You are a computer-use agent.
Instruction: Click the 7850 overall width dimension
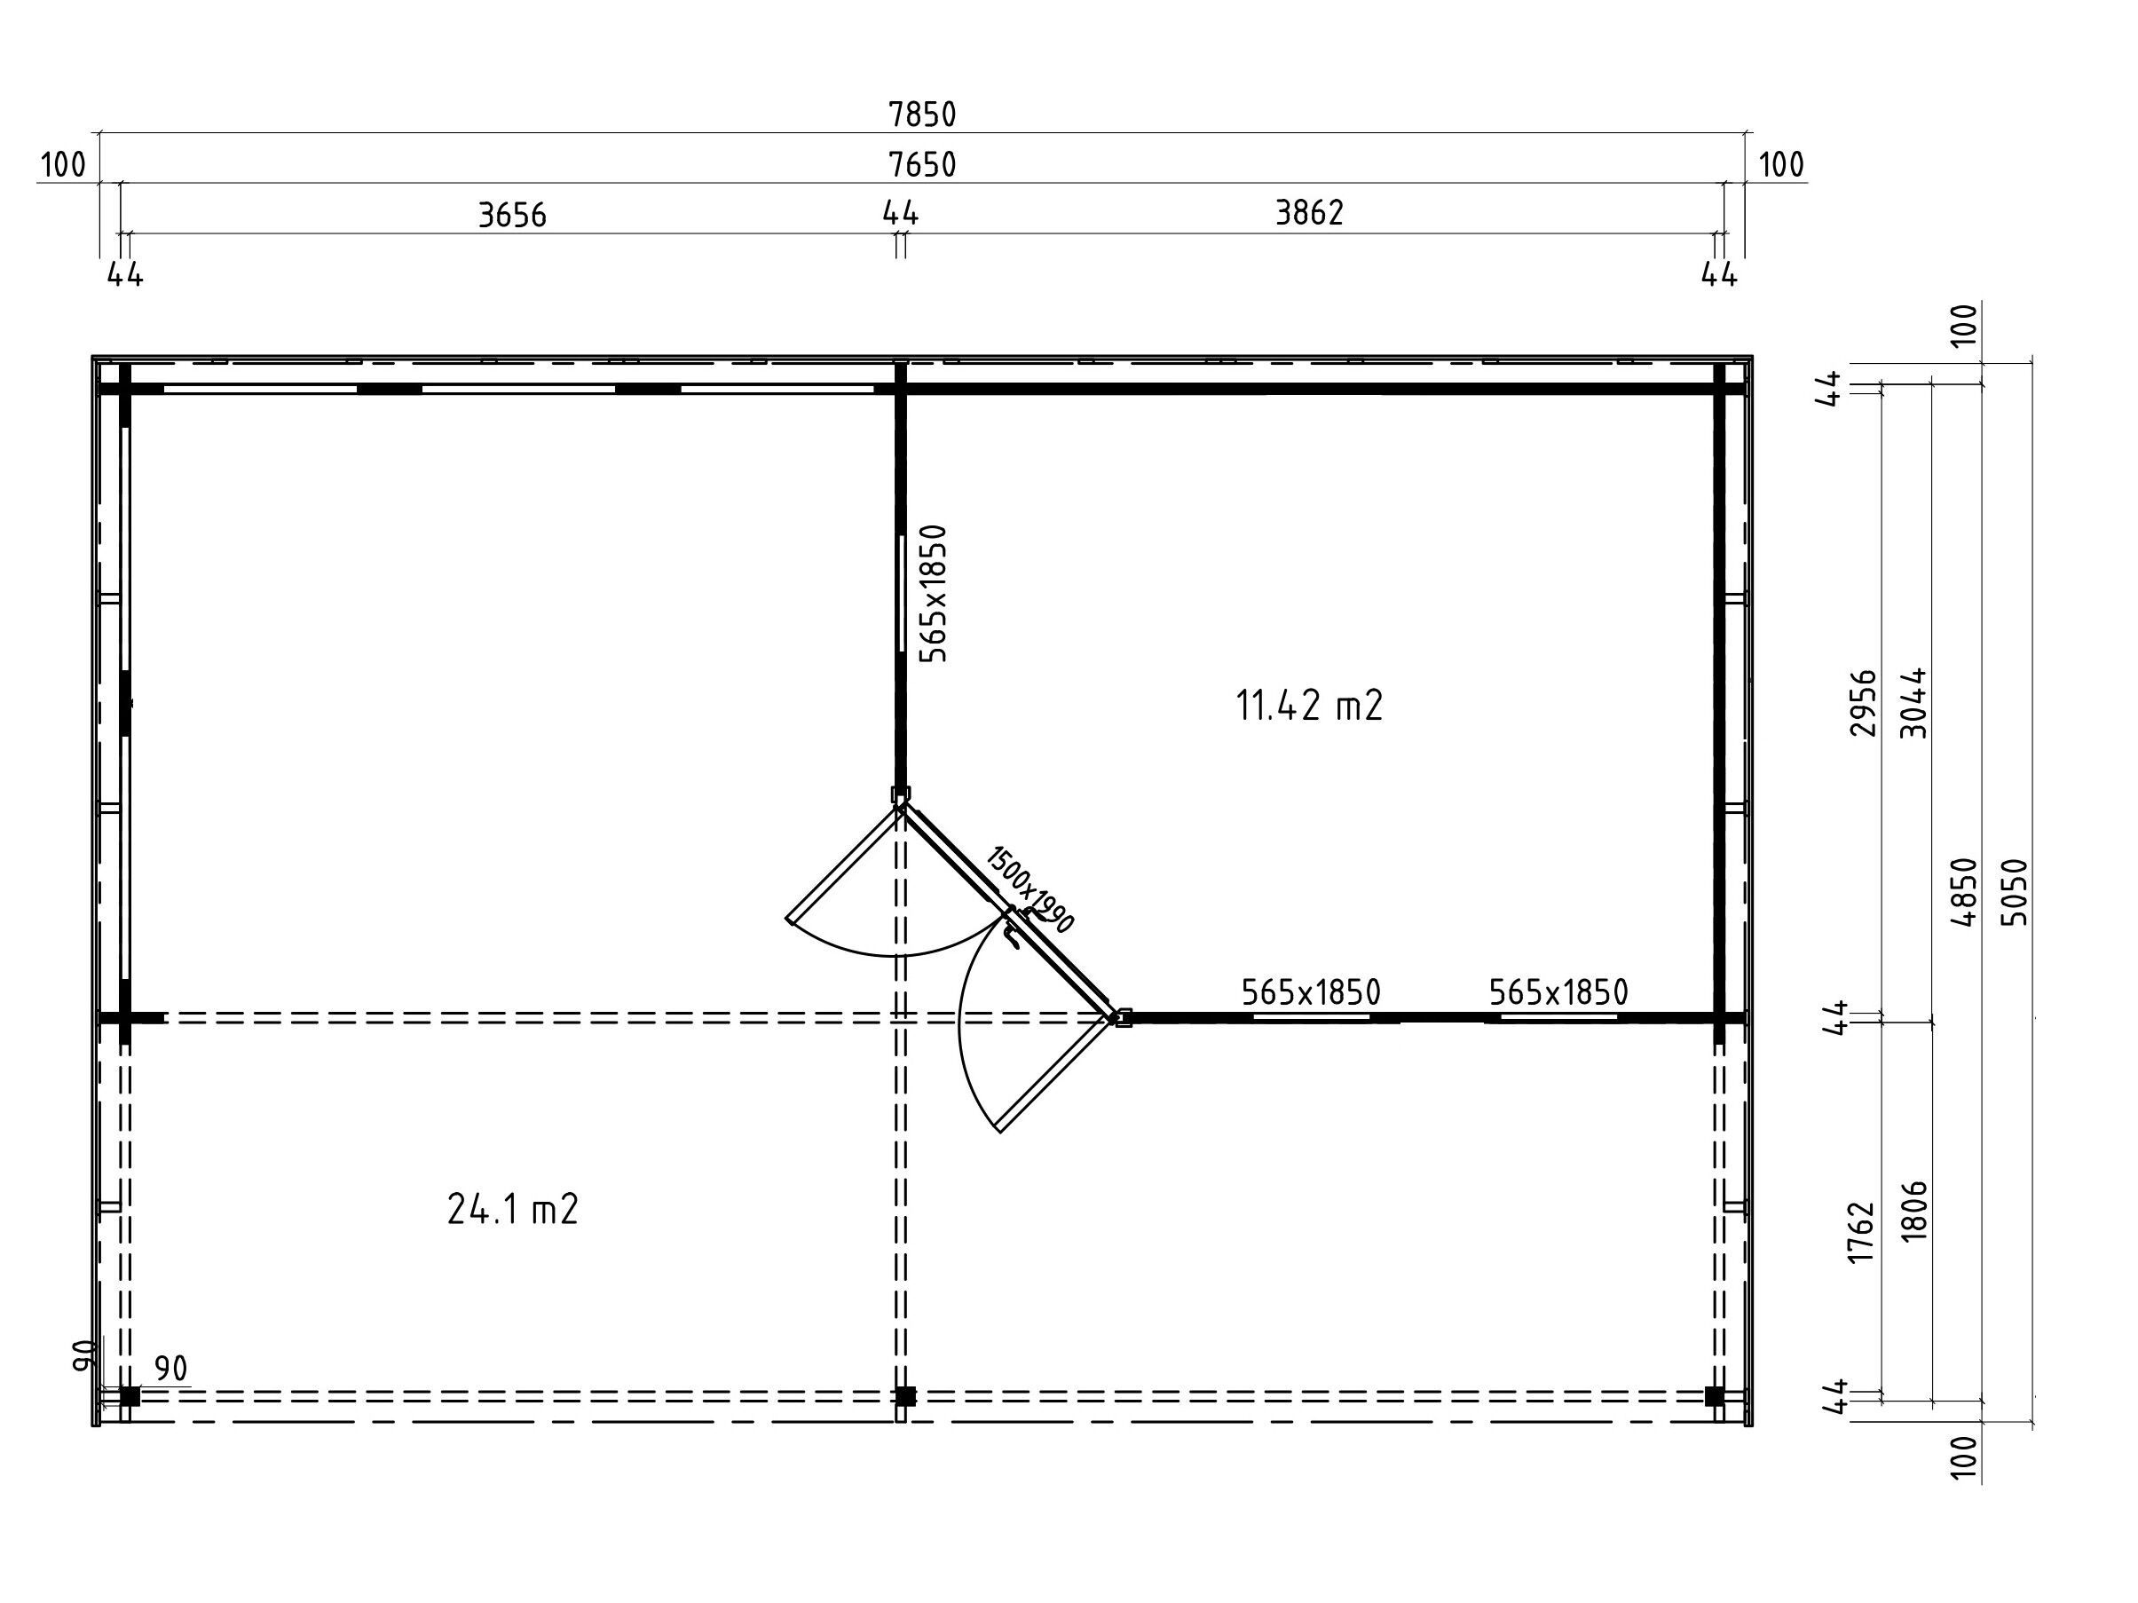tap(922, 115)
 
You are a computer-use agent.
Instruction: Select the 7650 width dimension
tap(922, 165)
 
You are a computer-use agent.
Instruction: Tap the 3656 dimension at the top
tap(512, 215)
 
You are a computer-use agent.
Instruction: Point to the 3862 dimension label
tap(1310, 213)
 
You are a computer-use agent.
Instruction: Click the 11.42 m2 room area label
tap(1310, 706)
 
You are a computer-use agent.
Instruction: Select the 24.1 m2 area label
tap(513, 1210)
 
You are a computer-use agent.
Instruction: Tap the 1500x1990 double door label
tap(1030, 889)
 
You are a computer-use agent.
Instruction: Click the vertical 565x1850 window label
tap(933, 594)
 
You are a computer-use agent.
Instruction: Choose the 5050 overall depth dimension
tap(2015, 892)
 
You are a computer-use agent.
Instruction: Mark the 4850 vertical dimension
tap(1964, 892)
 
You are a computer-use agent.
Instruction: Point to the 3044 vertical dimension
tap(1913, 703)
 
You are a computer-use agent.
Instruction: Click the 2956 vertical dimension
tap(1863, 703)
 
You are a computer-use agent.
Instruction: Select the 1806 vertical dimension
tap(1913, 1211)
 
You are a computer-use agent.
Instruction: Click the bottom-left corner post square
tap(130, 1396)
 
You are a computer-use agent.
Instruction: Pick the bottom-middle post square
tap(905, 1396)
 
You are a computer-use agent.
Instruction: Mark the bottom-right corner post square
tap(1715, 1396)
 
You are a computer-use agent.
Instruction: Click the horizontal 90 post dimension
tap(170, 1368)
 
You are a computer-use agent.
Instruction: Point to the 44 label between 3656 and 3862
tap(900, 213)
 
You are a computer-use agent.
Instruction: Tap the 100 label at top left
tap(63, 165)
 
